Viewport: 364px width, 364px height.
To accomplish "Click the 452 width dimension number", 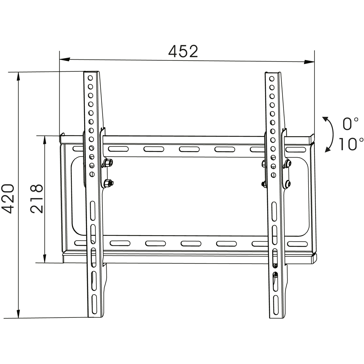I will click(x=183, y=51).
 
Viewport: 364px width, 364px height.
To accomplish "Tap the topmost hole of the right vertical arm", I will click(x=272, y=79).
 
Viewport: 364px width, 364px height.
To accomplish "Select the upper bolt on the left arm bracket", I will click(x=108, y=163).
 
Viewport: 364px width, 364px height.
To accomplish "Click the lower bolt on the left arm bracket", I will click(x=108, y=183).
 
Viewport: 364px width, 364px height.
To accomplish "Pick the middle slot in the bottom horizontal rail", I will click(x=191, y=244).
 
